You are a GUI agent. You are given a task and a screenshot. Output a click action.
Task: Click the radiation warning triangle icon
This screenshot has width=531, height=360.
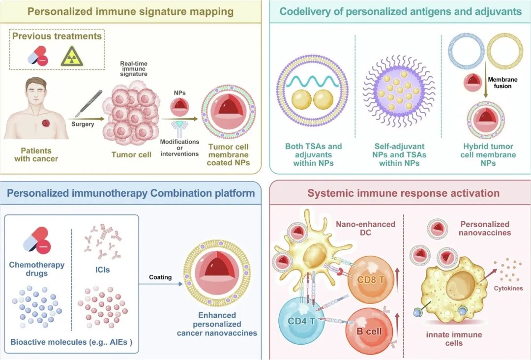pos(72,56)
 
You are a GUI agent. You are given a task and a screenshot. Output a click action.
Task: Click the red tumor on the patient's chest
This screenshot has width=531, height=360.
pos(46,123)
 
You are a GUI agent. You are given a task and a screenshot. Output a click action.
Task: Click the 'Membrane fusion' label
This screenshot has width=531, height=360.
pos(502,83)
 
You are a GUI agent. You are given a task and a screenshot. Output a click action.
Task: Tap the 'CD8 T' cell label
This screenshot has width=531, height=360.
pos(371,280)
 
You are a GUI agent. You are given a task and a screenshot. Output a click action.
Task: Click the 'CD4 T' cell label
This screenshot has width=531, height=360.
pos(301,320)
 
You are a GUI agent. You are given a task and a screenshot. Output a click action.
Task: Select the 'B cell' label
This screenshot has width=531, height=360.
pos(369,331)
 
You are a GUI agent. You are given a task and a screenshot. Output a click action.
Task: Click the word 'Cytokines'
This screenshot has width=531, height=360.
pos(508,288)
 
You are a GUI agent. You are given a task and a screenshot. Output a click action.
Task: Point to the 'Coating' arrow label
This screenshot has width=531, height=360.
pos(160,277)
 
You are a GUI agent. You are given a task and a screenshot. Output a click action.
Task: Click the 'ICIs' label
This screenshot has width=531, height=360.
pos(102,270)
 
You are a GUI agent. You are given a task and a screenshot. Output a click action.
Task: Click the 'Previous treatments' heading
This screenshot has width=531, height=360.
pos(57,36)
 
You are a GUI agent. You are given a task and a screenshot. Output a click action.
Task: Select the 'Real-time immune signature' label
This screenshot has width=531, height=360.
pos(134,69)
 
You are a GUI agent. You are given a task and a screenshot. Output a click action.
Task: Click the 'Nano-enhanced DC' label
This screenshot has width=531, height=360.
pos(365,228)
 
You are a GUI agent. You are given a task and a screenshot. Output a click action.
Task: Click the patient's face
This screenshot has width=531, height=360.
pos(36,91)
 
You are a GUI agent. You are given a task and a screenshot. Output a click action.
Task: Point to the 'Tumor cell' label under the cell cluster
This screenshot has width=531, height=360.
pos(131,155)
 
